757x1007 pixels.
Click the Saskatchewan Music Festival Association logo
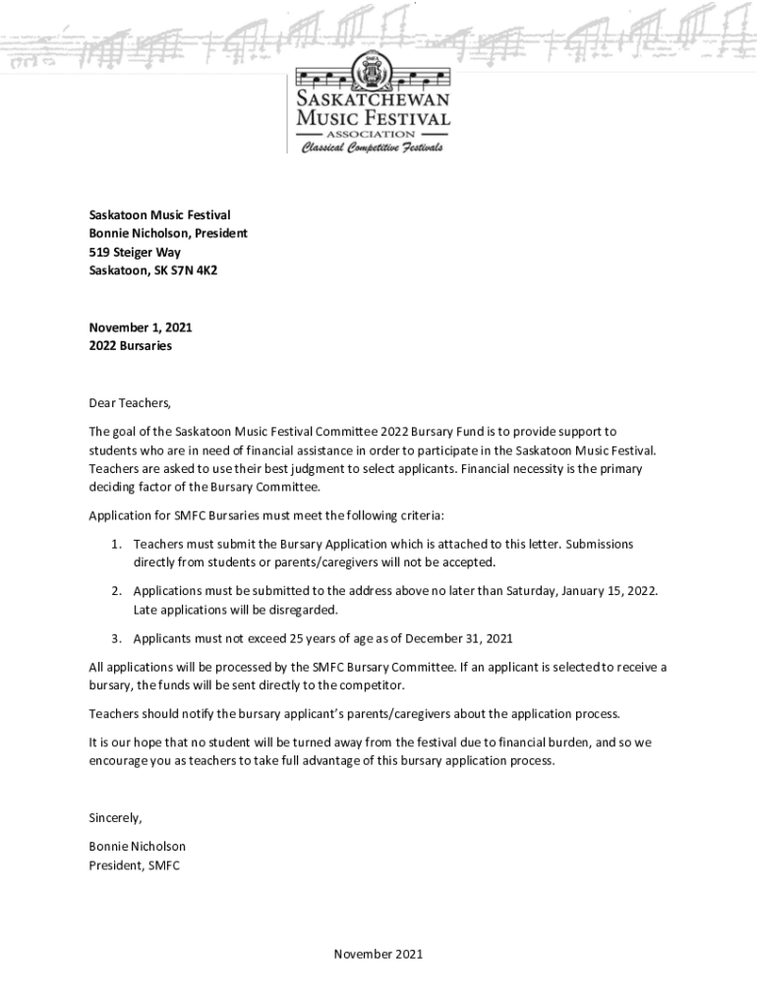373,108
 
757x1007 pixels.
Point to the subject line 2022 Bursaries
130,345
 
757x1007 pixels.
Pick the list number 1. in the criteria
116,544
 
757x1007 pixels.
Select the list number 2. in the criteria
116,590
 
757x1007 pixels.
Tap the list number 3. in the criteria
116,637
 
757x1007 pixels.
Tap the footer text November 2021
378,954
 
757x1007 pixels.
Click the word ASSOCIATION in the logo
373,133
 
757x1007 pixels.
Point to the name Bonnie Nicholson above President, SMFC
137,846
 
